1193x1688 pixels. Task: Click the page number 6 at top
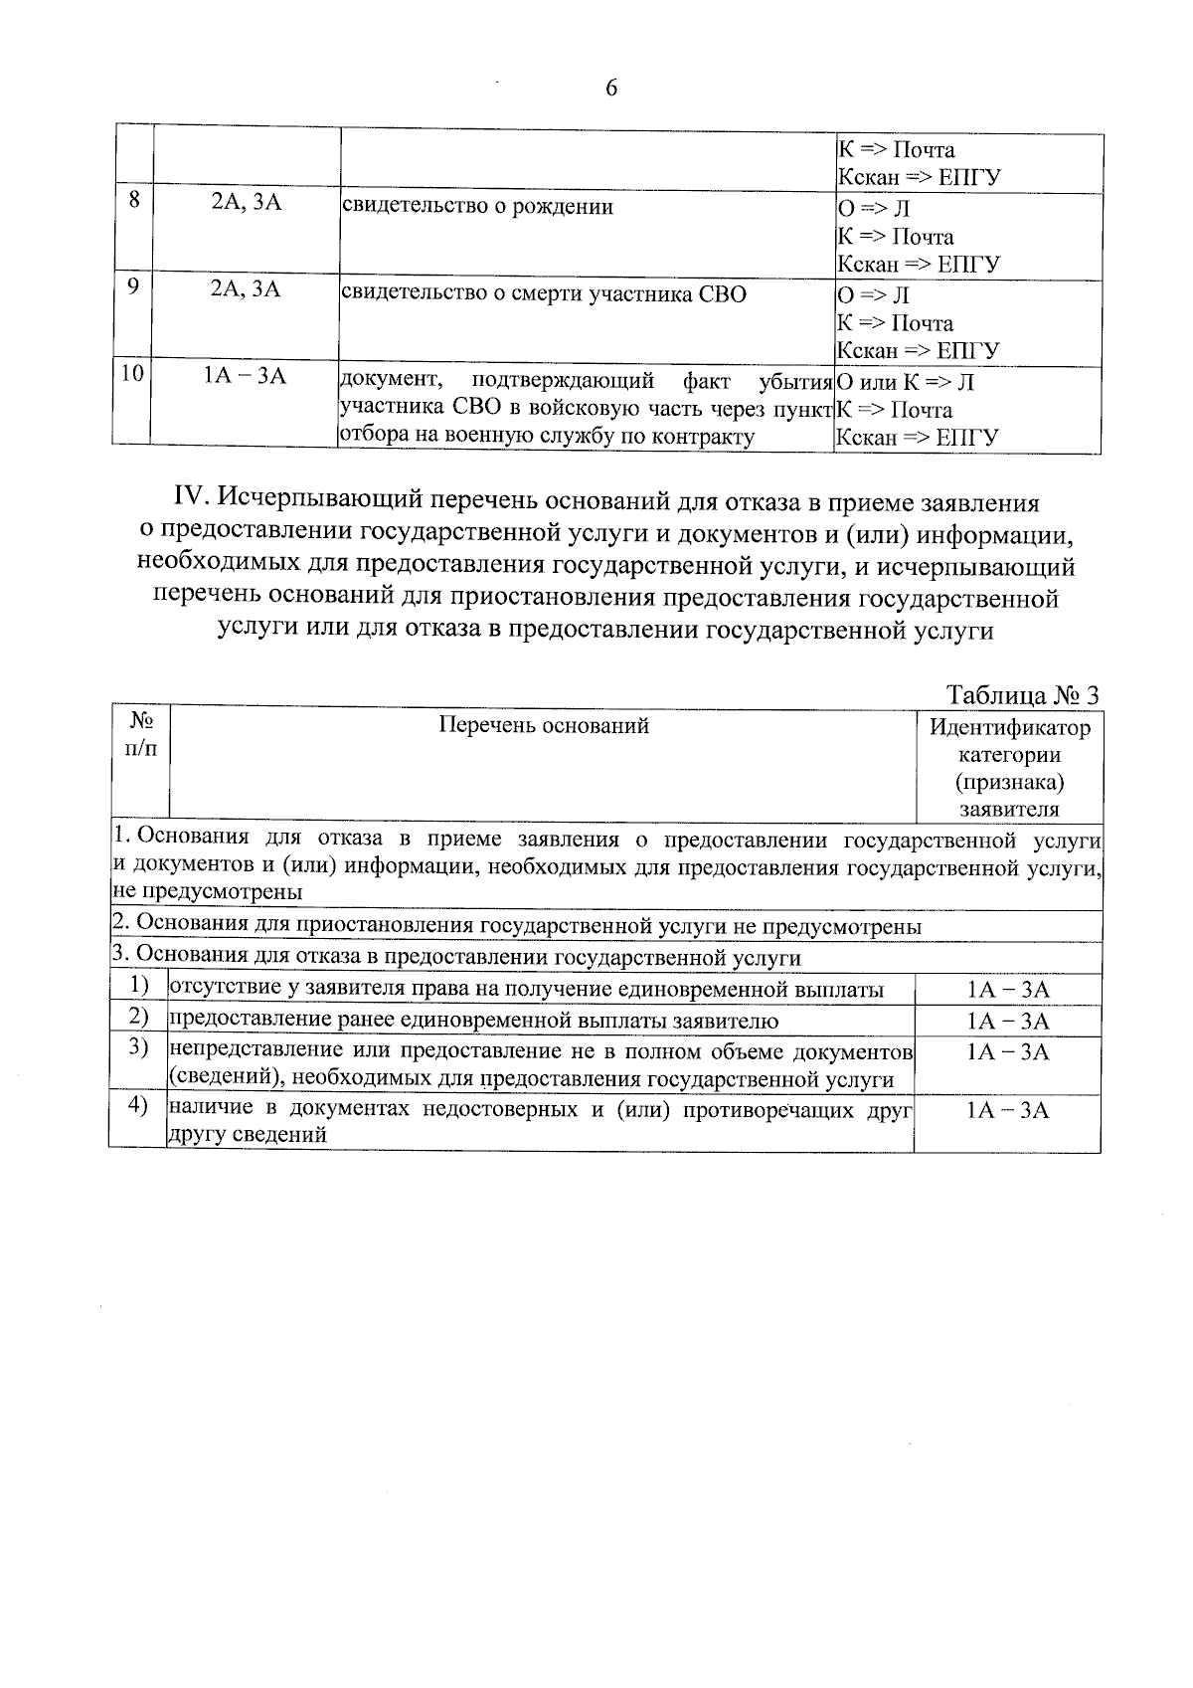click(x=610, y=89)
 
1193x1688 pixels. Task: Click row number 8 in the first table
click(x=134, y=199)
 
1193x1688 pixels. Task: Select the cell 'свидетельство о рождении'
click(x=477, y=207)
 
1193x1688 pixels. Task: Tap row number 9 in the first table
click(x=134, y=286)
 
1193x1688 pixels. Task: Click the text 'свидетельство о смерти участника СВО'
click(x=543, y=294)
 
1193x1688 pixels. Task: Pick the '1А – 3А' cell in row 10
click(x=245, y=376)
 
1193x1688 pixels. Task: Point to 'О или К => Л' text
click(x=906, y=382)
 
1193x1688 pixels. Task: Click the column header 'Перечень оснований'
click(x=544, y=725)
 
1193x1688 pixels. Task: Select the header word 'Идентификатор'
click(x=1009, y=727)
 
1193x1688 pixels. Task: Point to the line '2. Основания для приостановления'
click(x=516, y=926)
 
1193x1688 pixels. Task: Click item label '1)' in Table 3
click(x=139, y=986)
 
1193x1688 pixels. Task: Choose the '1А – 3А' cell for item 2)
click(x=1007, y=1022)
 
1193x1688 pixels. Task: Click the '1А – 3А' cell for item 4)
click(x=1007, y=1110)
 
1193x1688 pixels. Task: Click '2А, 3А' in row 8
click(x=246, y=203)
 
